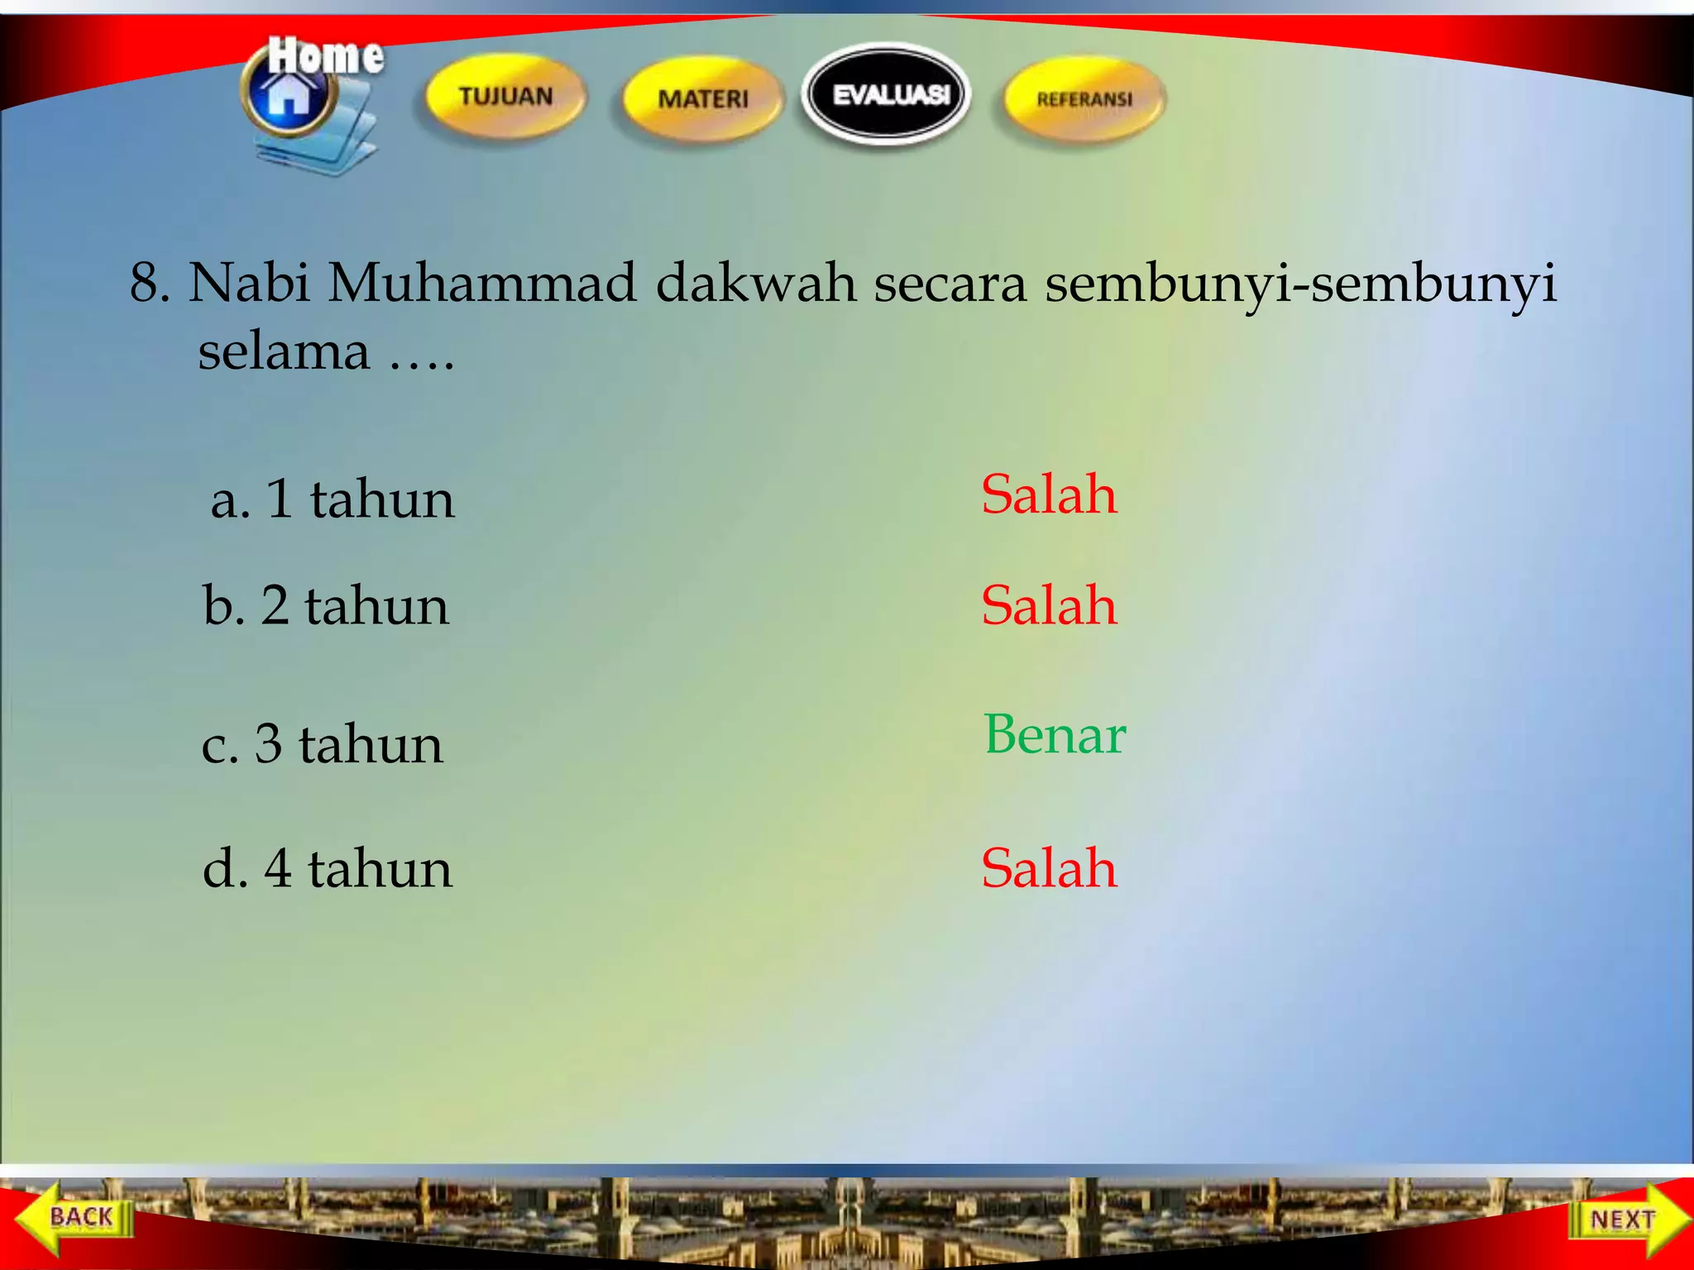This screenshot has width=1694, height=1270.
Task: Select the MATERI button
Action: pyautogui.click(x=702, y=98)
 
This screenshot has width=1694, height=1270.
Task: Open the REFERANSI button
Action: pyautogui.click(x=1084, y=99)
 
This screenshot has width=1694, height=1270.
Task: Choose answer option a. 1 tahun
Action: pyautogui.click(x=333, y=499)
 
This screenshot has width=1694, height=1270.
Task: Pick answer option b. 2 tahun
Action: pyautogui.click(x=326, y=605)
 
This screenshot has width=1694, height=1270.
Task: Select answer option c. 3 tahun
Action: pyautogui.click(x=323, y=743)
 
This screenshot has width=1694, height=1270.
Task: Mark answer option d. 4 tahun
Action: pyautogui.click(x=328, y=868)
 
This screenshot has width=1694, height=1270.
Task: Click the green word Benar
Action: pyautogui.click(x=1055, y=734)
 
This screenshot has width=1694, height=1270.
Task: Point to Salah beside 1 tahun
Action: pyautogui.click(x=1049, y=494)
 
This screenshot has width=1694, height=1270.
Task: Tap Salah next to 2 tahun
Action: pyautogui.click(x=1049, y=605)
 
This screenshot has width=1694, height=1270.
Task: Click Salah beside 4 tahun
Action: pyautogui.click(x=1049, y=868)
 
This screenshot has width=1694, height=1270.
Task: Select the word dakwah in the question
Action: pyautogui.click(x=756, y=283)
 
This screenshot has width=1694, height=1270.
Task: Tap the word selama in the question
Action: pyautogui.click(x=284, y=351)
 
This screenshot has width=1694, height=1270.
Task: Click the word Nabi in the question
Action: pyautogui.click(x=250, y=283)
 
